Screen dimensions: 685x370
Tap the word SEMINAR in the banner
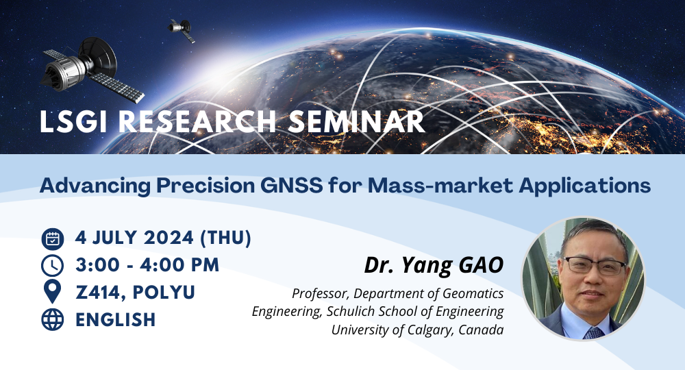tap(356, 121)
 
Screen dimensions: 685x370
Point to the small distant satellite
tap(182, 30)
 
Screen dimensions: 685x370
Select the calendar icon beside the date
tap(53, 239)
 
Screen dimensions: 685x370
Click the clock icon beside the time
tap(53, 266)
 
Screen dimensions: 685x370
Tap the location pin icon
tap(53, 293)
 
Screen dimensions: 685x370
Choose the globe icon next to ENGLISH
tap(53, 319)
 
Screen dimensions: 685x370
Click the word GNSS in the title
tap(291, 186)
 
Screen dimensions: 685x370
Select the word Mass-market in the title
tap(440, 186)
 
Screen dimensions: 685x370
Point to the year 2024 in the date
tap(169, 238)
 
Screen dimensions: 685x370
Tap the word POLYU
tap(164, 293)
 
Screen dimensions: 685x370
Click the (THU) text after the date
tap(225, 238)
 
